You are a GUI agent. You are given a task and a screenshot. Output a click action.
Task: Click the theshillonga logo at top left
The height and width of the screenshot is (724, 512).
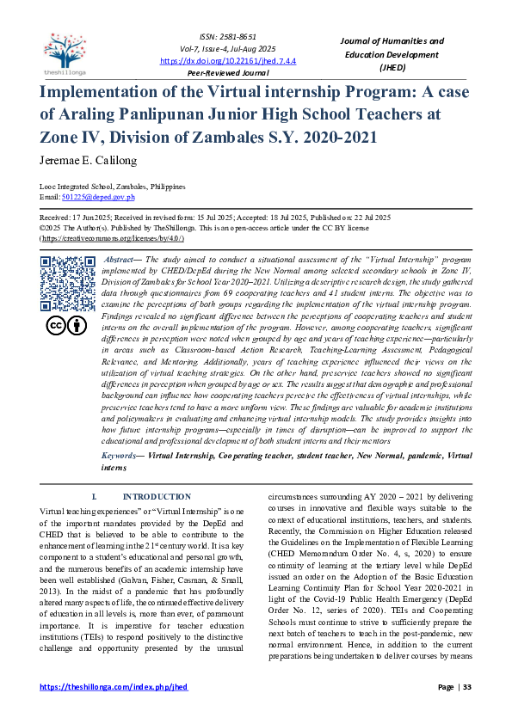click(63, 50)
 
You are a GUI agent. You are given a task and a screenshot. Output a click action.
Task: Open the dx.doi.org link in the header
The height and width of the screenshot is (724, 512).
click(215, 61)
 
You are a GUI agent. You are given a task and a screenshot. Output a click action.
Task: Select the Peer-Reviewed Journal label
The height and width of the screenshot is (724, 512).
click(215, 73)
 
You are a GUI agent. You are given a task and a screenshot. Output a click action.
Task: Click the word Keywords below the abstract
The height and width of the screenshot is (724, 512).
click(119, 453)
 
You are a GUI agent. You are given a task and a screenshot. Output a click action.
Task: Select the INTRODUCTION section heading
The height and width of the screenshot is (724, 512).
click(156, 497)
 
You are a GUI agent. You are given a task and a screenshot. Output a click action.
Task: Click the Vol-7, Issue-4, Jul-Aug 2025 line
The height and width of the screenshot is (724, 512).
click(215, 51)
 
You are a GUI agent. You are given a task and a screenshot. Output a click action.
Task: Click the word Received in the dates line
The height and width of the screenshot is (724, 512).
click(56, 218)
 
